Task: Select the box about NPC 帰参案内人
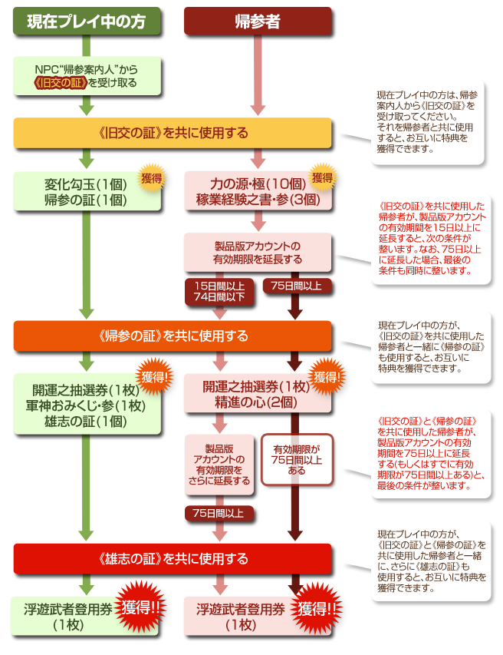[86, 74]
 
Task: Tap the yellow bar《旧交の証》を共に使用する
[173, 133]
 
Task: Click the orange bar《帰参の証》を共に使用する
[173, 336]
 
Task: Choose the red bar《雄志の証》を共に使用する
[173, 558]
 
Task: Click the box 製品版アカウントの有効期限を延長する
[257, 253]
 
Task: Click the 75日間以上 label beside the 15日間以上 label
[297, 286]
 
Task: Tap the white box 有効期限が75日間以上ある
[297, 459]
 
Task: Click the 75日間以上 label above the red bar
[218, 513]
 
